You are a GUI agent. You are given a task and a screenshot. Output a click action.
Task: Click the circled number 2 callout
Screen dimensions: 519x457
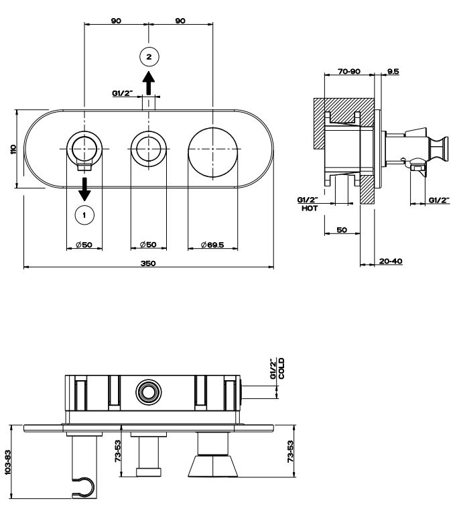coord(149,56)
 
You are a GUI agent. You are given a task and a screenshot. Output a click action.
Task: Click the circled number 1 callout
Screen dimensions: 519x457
coord(84,215)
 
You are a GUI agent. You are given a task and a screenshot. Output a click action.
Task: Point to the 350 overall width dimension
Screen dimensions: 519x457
coord(148,263)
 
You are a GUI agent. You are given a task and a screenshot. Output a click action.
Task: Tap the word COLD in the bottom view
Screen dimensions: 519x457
coord(282,367)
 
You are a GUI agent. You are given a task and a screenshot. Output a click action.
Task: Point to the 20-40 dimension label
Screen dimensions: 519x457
coord(390,262)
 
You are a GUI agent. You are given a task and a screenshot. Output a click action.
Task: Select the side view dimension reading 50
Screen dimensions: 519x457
coord(341,230)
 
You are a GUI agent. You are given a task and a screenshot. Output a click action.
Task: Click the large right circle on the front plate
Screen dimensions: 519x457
coord(212,149)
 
